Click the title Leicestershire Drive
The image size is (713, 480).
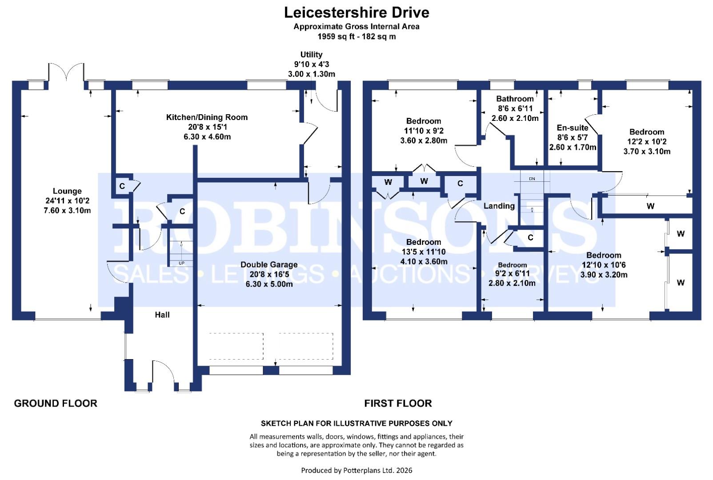(356, 12)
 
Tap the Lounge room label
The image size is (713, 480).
(67, 191)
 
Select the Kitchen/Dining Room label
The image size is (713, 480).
(207, 117)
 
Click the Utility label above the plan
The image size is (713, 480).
(311, 55)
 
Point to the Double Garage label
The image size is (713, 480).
(269, 264)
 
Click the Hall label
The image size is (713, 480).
(162, 315)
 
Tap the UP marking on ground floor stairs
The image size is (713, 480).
(181, 263)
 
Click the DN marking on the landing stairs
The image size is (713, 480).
(532, 179)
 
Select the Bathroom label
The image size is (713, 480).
(515, 99)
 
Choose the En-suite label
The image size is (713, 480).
(573, 128)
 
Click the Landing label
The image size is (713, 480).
(499, 206)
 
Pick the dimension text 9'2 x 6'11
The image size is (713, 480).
(512, 273)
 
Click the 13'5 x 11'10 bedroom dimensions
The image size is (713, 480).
(424, 252)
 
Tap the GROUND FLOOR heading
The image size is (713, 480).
(56, 403)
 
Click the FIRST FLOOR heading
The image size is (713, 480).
(398, 403)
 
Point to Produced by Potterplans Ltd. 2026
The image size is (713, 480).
(356, 470)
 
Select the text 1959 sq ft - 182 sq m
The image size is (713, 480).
(356, 36)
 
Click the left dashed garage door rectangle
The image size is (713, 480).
(236, 346)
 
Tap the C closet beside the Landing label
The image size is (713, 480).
(460, 183)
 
